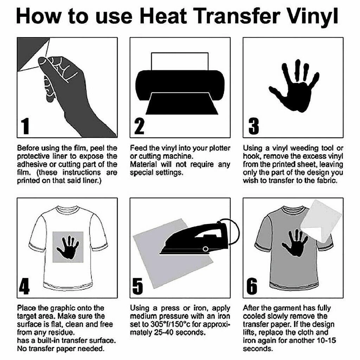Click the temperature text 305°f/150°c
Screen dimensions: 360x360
click(163, 324)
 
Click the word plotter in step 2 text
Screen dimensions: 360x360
click(220, 148)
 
